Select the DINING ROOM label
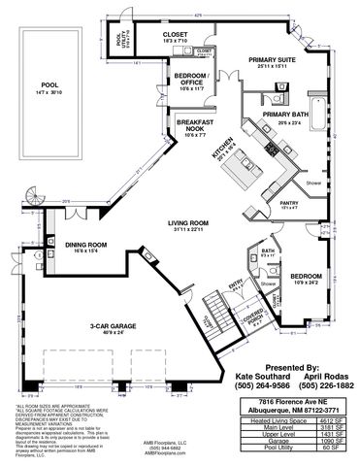85,246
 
